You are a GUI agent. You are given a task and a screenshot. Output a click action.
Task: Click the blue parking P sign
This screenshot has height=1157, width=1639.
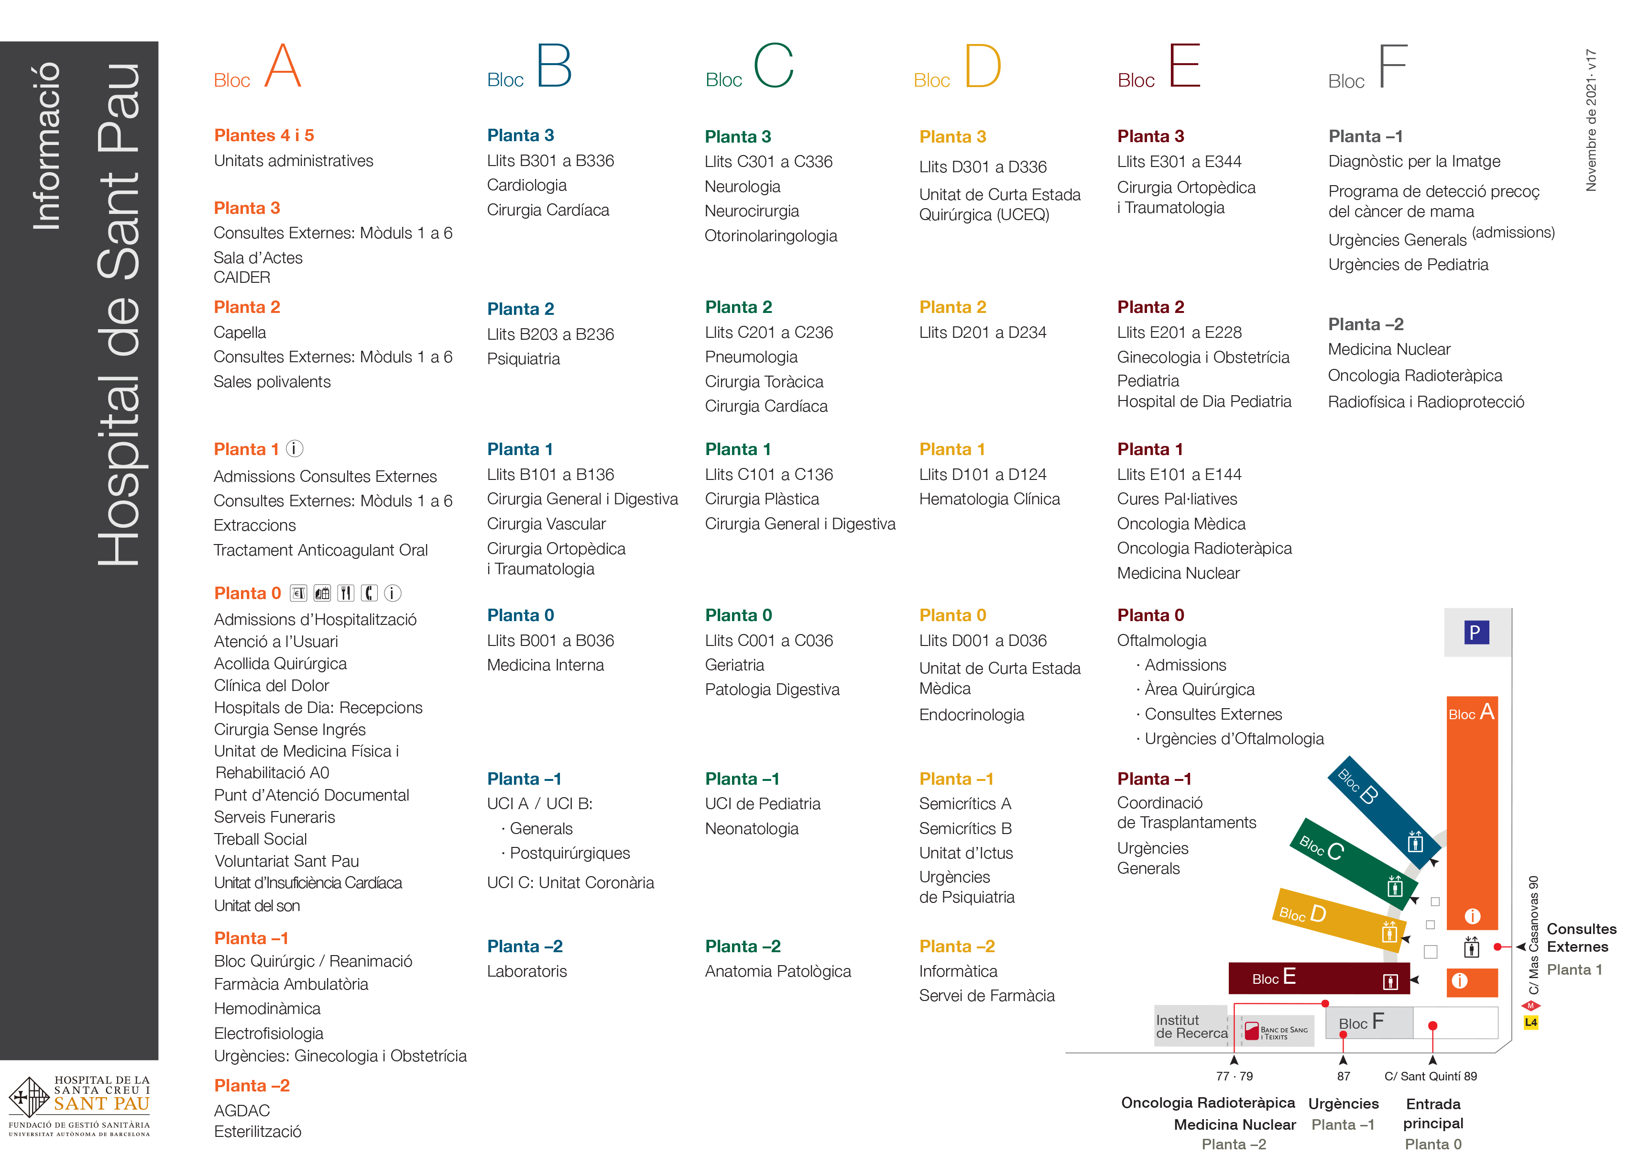tap(1475, 633)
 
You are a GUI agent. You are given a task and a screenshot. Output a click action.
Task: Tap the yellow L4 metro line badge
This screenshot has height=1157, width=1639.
tap(1530, 1023)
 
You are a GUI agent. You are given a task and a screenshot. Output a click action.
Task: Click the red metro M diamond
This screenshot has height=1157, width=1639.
tap(1530, 1006)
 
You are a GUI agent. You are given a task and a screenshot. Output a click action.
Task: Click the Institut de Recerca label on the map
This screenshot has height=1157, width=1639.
tap(1191, 1027)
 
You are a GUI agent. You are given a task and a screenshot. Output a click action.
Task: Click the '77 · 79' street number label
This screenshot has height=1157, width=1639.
tap(1234, 1076)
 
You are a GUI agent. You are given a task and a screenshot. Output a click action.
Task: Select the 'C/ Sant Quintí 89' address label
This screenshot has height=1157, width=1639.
tap(1431, 1076)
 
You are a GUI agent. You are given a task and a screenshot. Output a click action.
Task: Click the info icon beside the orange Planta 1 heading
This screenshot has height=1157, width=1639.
tap(295, 448)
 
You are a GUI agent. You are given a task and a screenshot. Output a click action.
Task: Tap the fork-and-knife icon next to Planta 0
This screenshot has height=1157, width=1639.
tap(346, 593)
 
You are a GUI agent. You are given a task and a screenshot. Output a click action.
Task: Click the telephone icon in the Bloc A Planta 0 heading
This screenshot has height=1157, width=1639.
tap(369, 593)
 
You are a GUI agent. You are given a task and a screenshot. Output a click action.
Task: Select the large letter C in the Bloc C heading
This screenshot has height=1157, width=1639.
tap(774, 65)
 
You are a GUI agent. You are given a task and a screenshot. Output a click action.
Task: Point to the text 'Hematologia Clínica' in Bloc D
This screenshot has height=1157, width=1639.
tap(989, 499)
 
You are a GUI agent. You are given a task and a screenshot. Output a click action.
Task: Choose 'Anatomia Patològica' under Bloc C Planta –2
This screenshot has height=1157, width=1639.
tap(777, 971)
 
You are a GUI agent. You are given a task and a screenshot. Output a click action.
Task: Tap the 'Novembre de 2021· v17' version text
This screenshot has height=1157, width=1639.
tap(1591, 120)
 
